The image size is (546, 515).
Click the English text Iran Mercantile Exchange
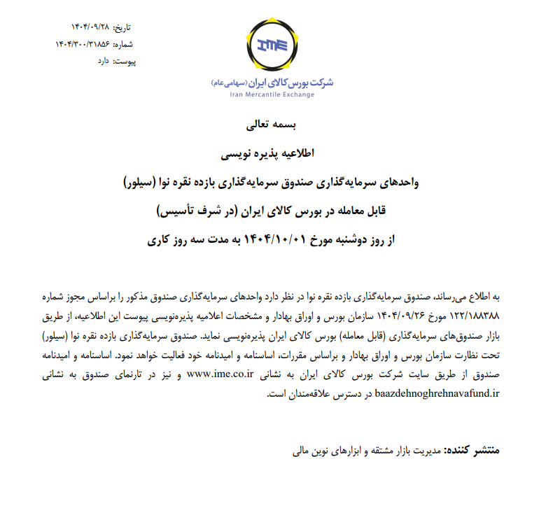(x=272, y=94)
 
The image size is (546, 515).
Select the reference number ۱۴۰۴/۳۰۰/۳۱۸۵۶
(x=82, y=45)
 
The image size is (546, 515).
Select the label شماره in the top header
(x=122, y=45)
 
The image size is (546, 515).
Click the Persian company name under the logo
(x=272, y=82)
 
